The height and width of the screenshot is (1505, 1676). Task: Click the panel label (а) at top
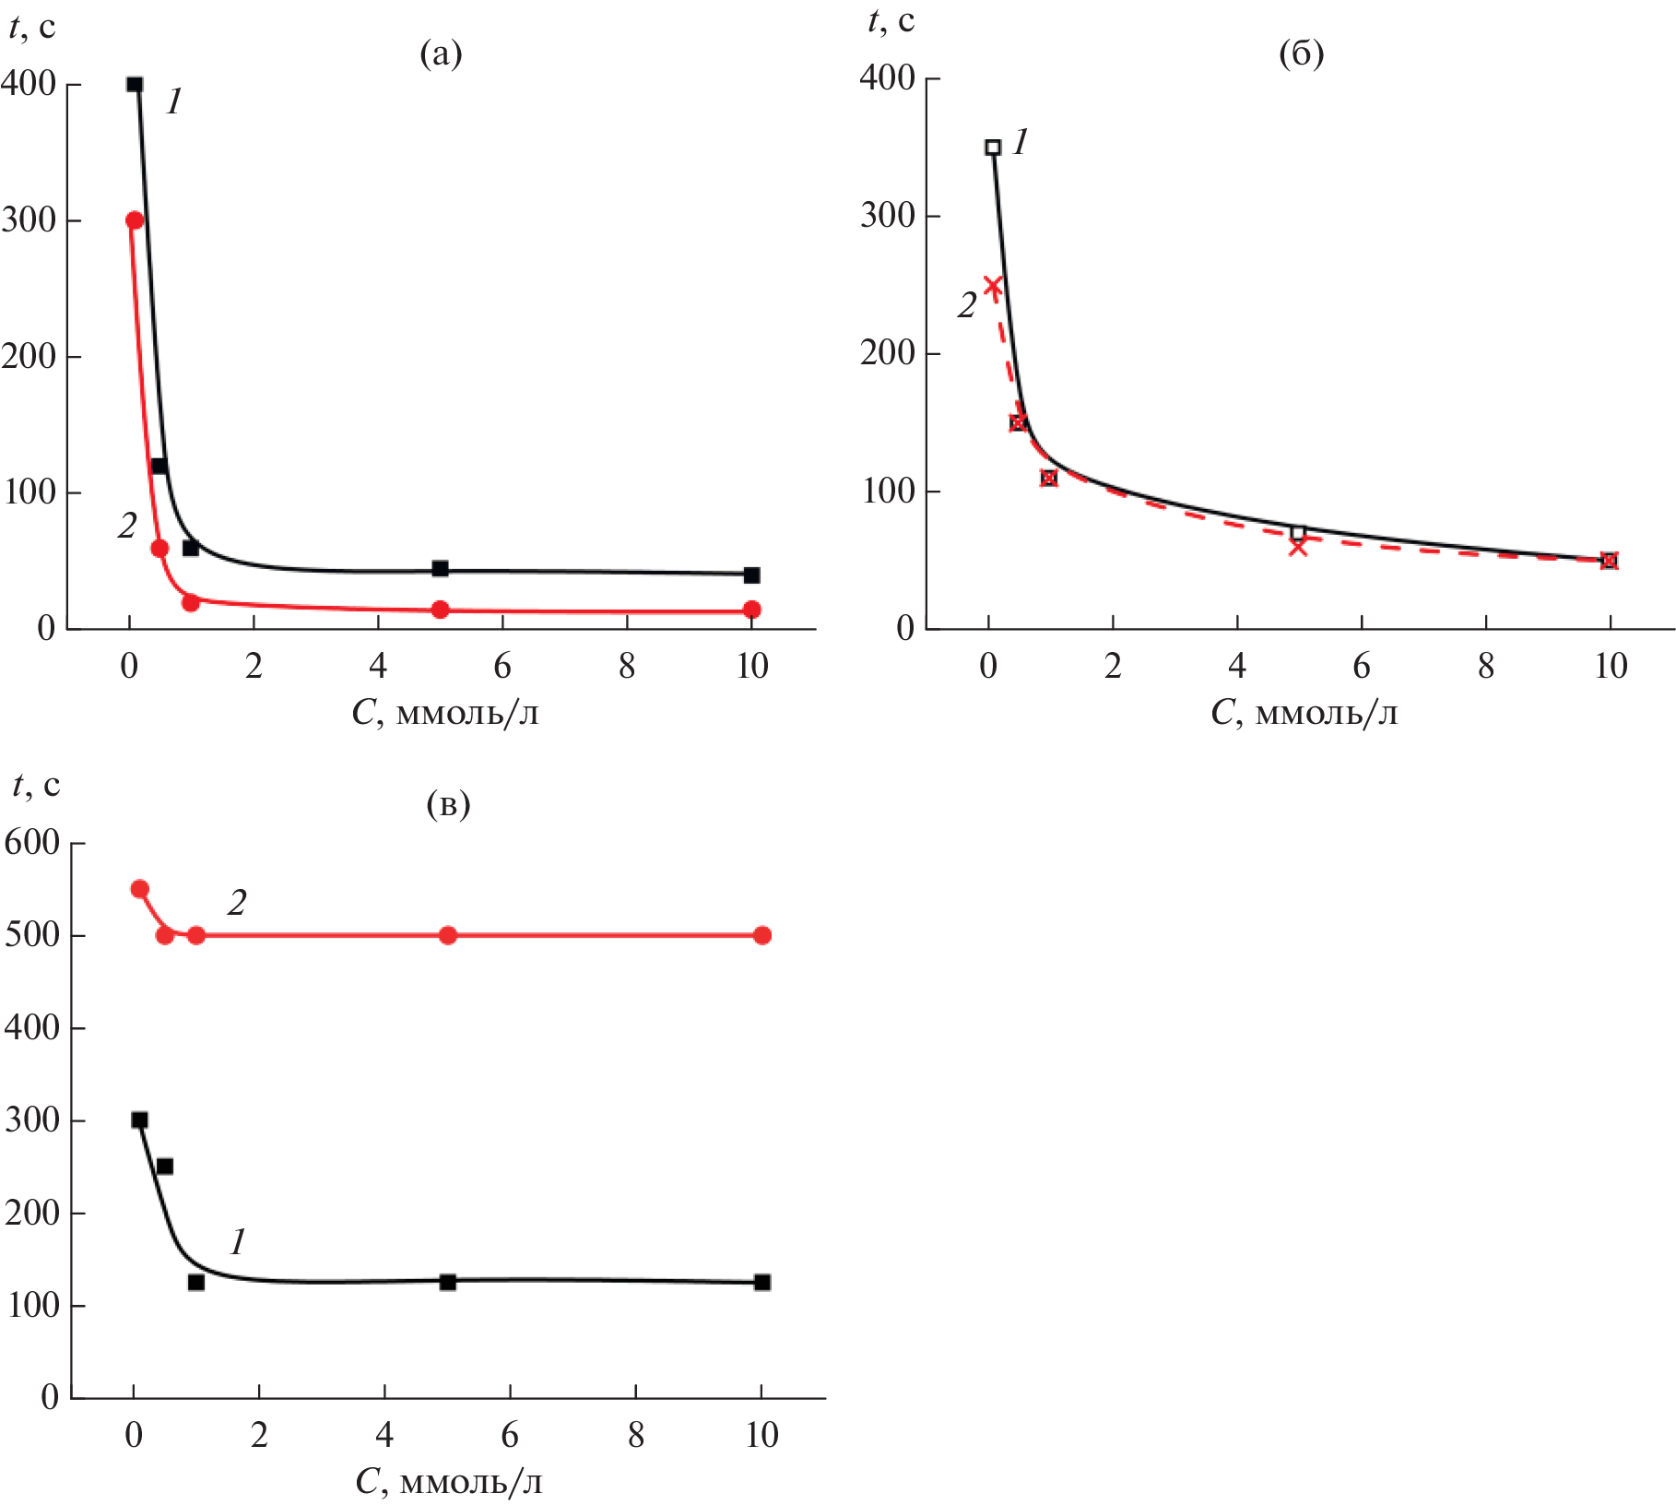coord(441,54)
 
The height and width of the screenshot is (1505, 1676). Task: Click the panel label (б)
coord(1301,54)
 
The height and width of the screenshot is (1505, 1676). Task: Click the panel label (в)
coord(448,805)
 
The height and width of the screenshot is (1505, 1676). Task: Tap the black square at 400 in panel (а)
coord(135,85)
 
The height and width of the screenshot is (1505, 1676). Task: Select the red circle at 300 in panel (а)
coord(135,220)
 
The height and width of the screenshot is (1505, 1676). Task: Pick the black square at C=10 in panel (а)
coord(751,575)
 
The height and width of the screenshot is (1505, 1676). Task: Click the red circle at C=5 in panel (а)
coord(441,610)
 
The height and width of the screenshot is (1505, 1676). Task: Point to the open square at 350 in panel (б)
coord(993,148)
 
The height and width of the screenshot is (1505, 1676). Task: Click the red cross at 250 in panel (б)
coord(993,285)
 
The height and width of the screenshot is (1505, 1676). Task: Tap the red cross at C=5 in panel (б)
coord(1298,547)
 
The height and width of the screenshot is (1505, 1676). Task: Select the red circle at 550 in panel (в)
coord(140,889)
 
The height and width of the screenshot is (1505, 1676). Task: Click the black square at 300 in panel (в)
coord(139,1120)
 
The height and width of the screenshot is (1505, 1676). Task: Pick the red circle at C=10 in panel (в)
coord(762,935)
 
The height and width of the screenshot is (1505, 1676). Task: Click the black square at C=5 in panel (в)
coord(448,1282)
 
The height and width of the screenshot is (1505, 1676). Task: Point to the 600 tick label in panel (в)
coord(32,843)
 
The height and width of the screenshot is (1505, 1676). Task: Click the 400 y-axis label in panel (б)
coord(888,78)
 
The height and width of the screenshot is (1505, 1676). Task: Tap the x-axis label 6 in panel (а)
coord(502,666)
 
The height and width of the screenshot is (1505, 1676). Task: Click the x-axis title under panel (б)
coord(1304,713)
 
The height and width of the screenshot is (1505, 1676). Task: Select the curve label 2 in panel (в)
coord(237,903)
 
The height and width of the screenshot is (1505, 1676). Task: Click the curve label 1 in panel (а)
coord(174,101)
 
